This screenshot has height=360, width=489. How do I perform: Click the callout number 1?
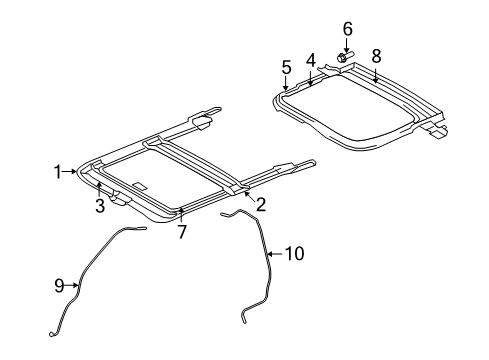click(58, 172)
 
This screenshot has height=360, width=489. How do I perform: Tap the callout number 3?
click(100, 207)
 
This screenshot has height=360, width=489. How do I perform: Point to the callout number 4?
click(310, 60)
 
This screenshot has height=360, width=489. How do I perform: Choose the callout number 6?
click(347, 29)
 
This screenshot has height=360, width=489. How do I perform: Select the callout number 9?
click(59, 286)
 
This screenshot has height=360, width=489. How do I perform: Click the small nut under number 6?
click(343, 58)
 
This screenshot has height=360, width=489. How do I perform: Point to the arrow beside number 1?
click(73, 172)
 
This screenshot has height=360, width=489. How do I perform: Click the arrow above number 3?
click(100, 190)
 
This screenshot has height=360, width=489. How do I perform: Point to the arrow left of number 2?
click(246, 194)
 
